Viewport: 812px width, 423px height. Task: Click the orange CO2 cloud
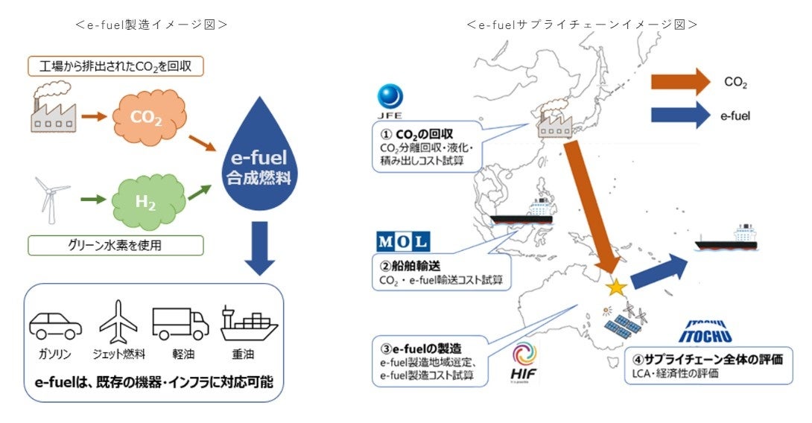[x=148, y=118]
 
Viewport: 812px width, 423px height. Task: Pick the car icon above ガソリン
[x=56, y=325]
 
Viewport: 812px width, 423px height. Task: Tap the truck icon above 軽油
[x=180, y=324]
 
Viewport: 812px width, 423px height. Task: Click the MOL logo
[x=403, y=241]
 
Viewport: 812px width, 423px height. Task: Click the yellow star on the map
[x=615, y=287]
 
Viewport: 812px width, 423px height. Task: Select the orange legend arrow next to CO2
[x=679, y=81]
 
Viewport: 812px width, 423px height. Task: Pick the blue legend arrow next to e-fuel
[x=679, y=115]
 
